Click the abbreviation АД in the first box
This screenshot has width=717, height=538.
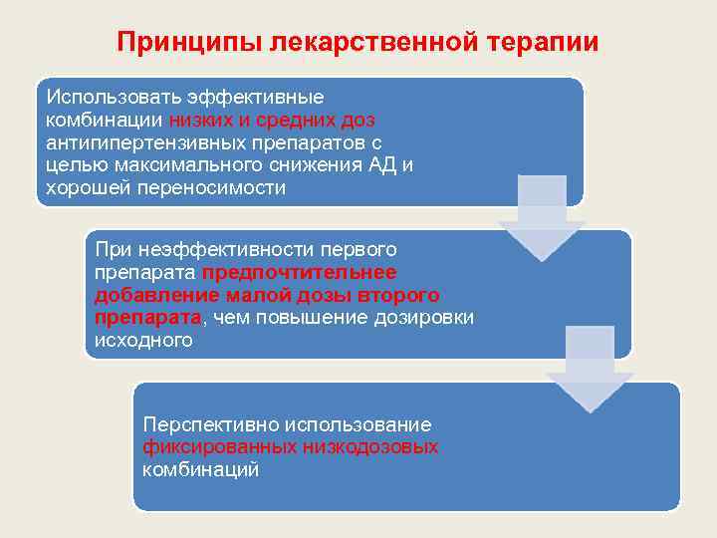378,165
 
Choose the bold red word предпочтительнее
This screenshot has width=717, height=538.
299,272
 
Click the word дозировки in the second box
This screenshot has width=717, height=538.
429,318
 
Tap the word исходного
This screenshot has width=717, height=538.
142,341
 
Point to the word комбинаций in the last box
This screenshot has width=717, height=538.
200,470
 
